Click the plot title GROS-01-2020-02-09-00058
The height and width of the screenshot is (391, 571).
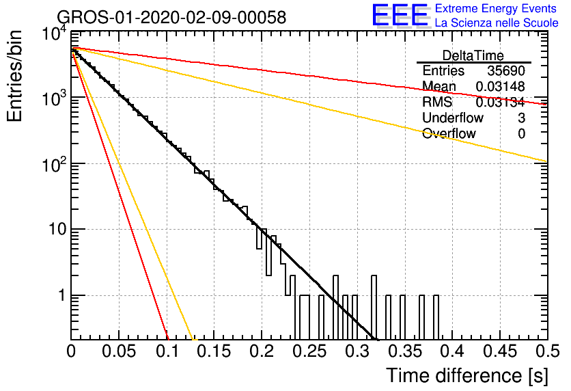pyautogui.click(x=171, y=17)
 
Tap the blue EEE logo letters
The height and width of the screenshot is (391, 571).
pyautogui.click(x=400, y=15)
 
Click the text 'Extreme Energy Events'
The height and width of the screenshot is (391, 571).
pyautogui.click(x=496, y=8)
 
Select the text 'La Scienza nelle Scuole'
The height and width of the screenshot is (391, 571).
pyautogui.click(x=497, y=23)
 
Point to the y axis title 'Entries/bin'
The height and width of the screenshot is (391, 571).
pyautogui.click(x=14, y=77)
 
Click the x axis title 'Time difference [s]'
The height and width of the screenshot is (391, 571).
pyautogui.click(x=467, y=375)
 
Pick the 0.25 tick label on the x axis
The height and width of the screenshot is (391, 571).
pyautogui.click(x=310, y=351)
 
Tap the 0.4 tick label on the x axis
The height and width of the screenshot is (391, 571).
pyautogui.click(x=452, y=351)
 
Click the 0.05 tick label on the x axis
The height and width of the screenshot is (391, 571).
pyautogui.click(x=119, y=351)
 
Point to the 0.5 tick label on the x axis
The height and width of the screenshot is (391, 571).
pyautogui.click(x=547, y=351)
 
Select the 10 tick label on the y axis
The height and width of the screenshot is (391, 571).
pyautogui.click(x=57, y=229)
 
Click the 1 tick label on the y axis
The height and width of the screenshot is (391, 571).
pyautogui.click(x=61, y=295)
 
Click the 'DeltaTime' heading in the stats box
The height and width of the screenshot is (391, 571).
pyautogui.click(x=473, y=55)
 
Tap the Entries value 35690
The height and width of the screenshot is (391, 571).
pyautogui.click(x=506, y=70)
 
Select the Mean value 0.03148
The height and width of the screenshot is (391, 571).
pyautogui.click(x=501, y=86)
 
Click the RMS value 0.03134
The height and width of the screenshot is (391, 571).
pyautogui.click(x=501, y=102)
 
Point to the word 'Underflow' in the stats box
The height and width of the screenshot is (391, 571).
pyautogui.click(x=453, y=118)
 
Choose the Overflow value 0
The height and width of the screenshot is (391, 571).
pyautogui.click(x=521, y=133)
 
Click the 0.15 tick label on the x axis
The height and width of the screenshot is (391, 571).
pyautogui.click(x=214, y=351)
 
